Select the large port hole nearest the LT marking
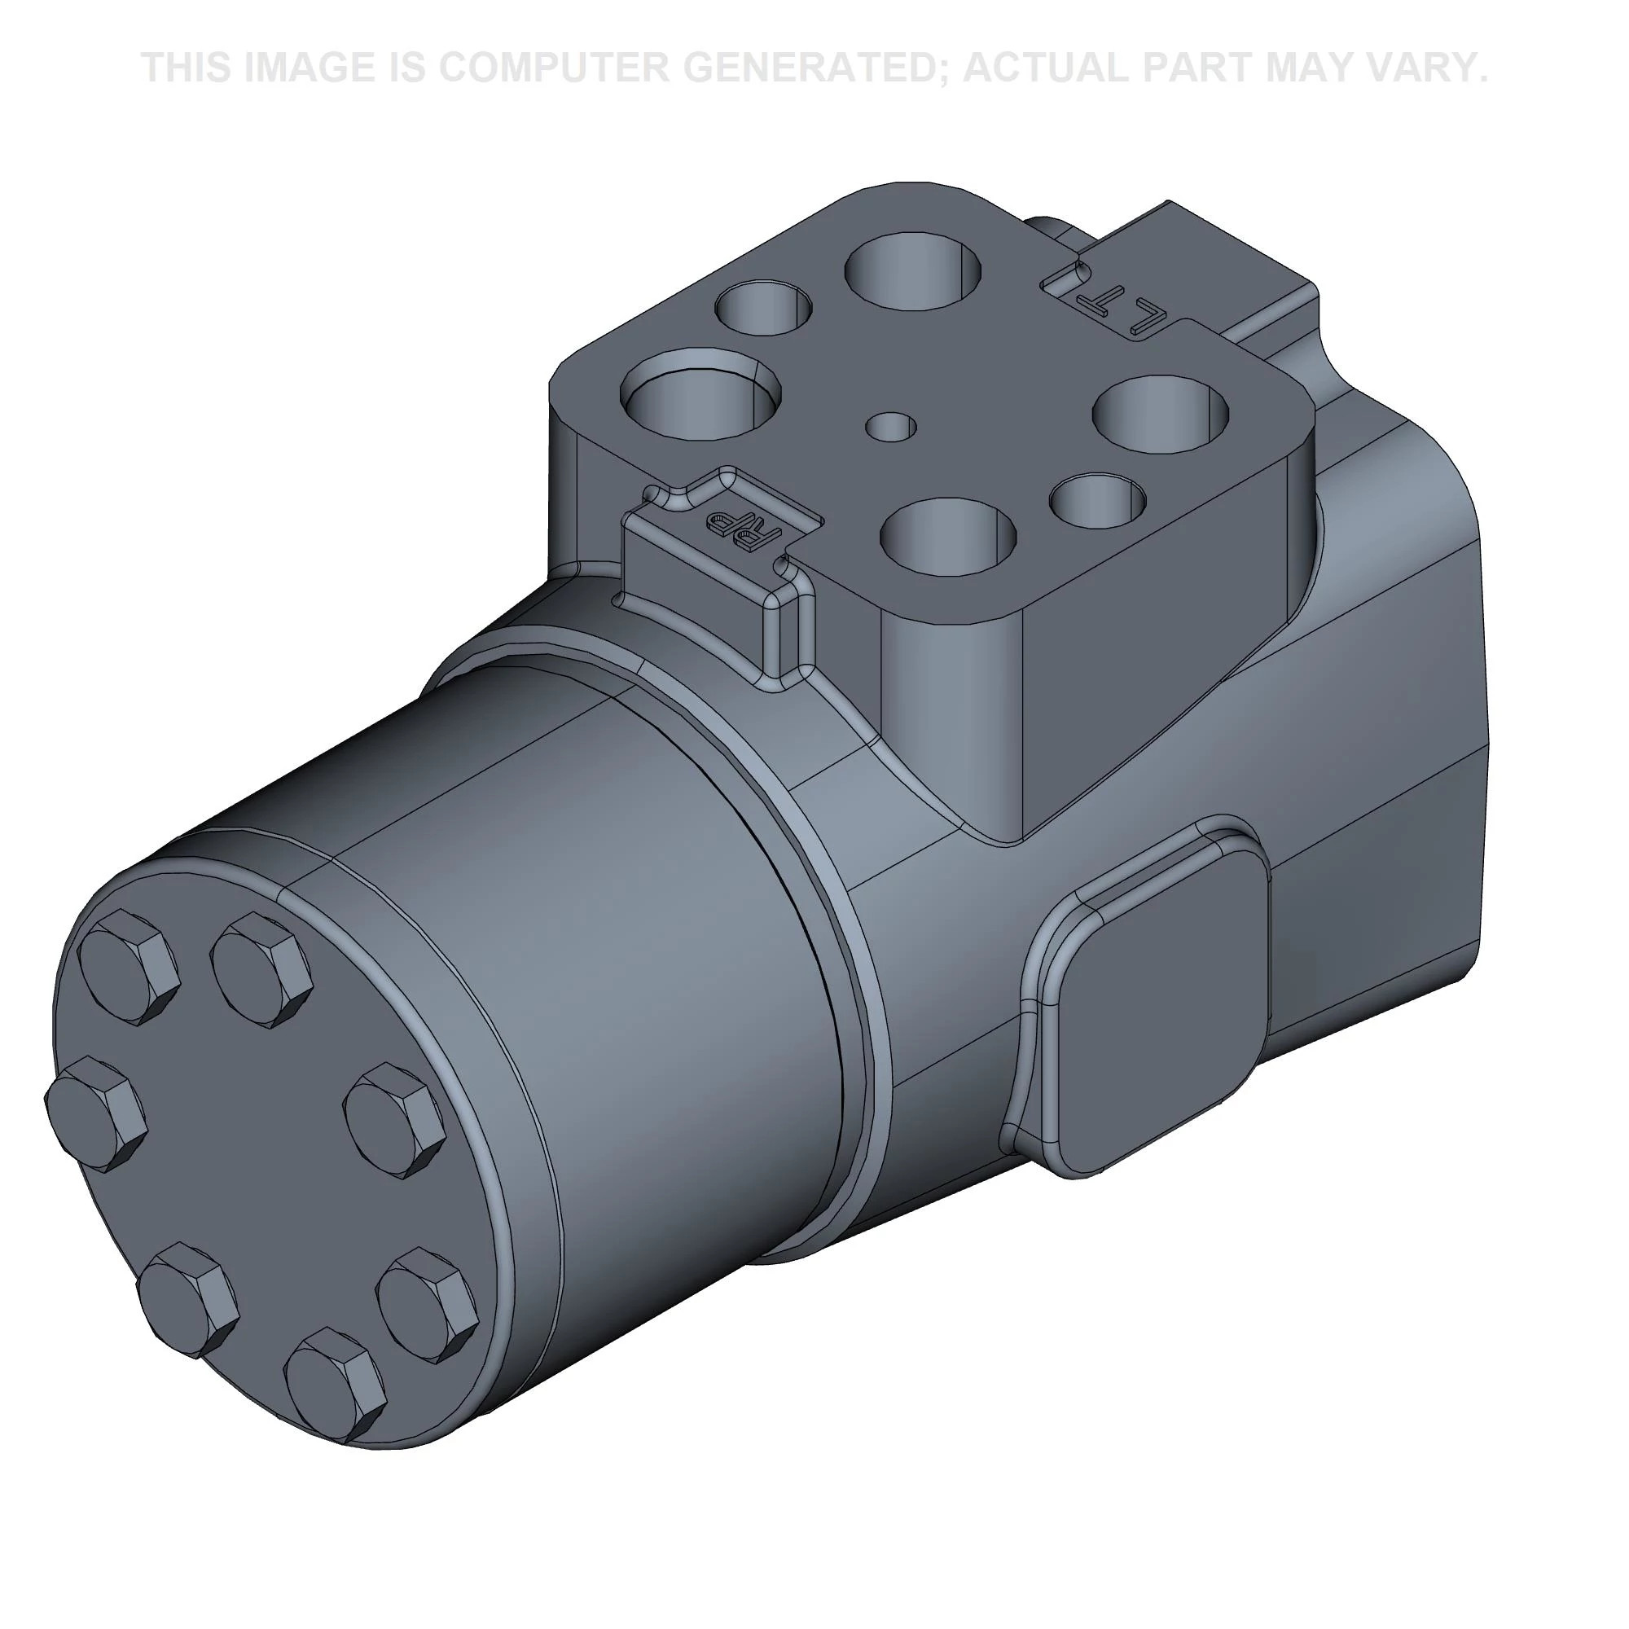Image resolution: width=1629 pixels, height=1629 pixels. click(914, 271)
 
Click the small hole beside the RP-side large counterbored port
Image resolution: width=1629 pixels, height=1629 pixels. click(763, 308)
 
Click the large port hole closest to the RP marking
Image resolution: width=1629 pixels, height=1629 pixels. click(947, 536)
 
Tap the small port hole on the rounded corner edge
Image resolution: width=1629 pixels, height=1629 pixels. click(1097, 502)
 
